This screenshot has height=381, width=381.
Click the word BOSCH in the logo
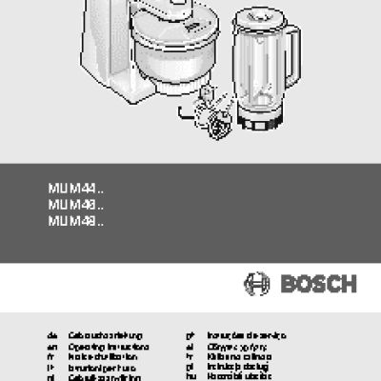317,283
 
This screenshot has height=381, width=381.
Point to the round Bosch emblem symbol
258,283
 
